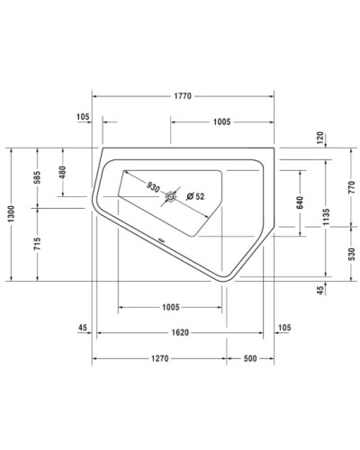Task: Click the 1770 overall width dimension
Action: click(185, 94)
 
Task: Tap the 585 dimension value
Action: click(37, 176)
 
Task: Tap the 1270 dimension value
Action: click(159, 358)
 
